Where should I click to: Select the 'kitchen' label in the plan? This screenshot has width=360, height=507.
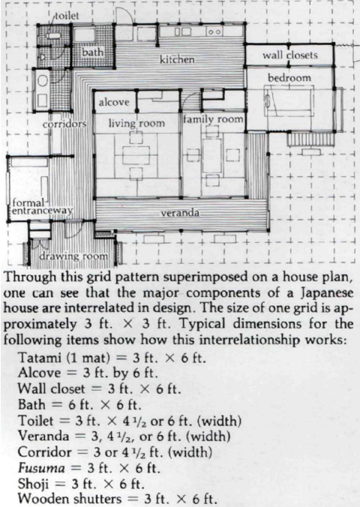click(177, 58)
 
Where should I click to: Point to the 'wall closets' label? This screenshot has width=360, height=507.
click(289, 55)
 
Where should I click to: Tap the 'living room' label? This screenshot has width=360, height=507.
click(136, 122)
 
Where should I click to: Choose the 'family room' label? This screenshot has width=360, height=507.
click(213, 119)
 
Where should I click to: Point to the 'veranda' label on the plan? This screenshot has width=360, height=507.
click(179, 214)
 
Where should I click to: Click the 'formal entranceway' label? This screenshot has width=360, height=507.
click(37, 207)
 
